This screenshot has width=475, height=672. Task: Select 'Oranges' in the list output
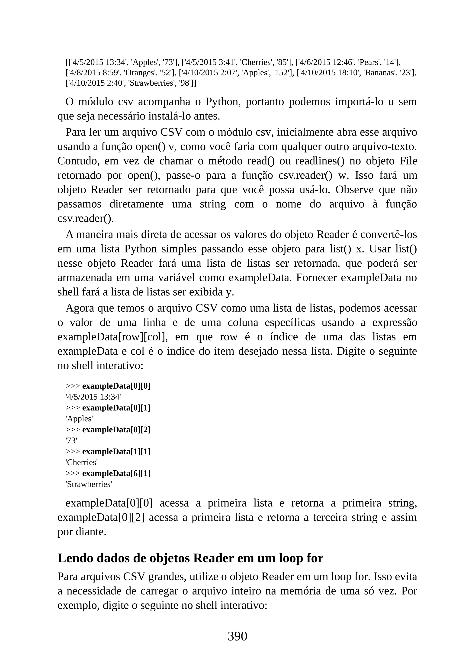pos(136,73)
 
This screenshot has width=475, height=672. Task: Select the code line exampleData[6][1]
pos(116,473)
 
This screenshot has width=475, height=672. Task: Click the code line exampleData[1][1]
pos(116,452)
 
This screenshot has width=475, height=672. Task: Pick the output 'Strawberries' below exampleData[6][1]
pos(89,484)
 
